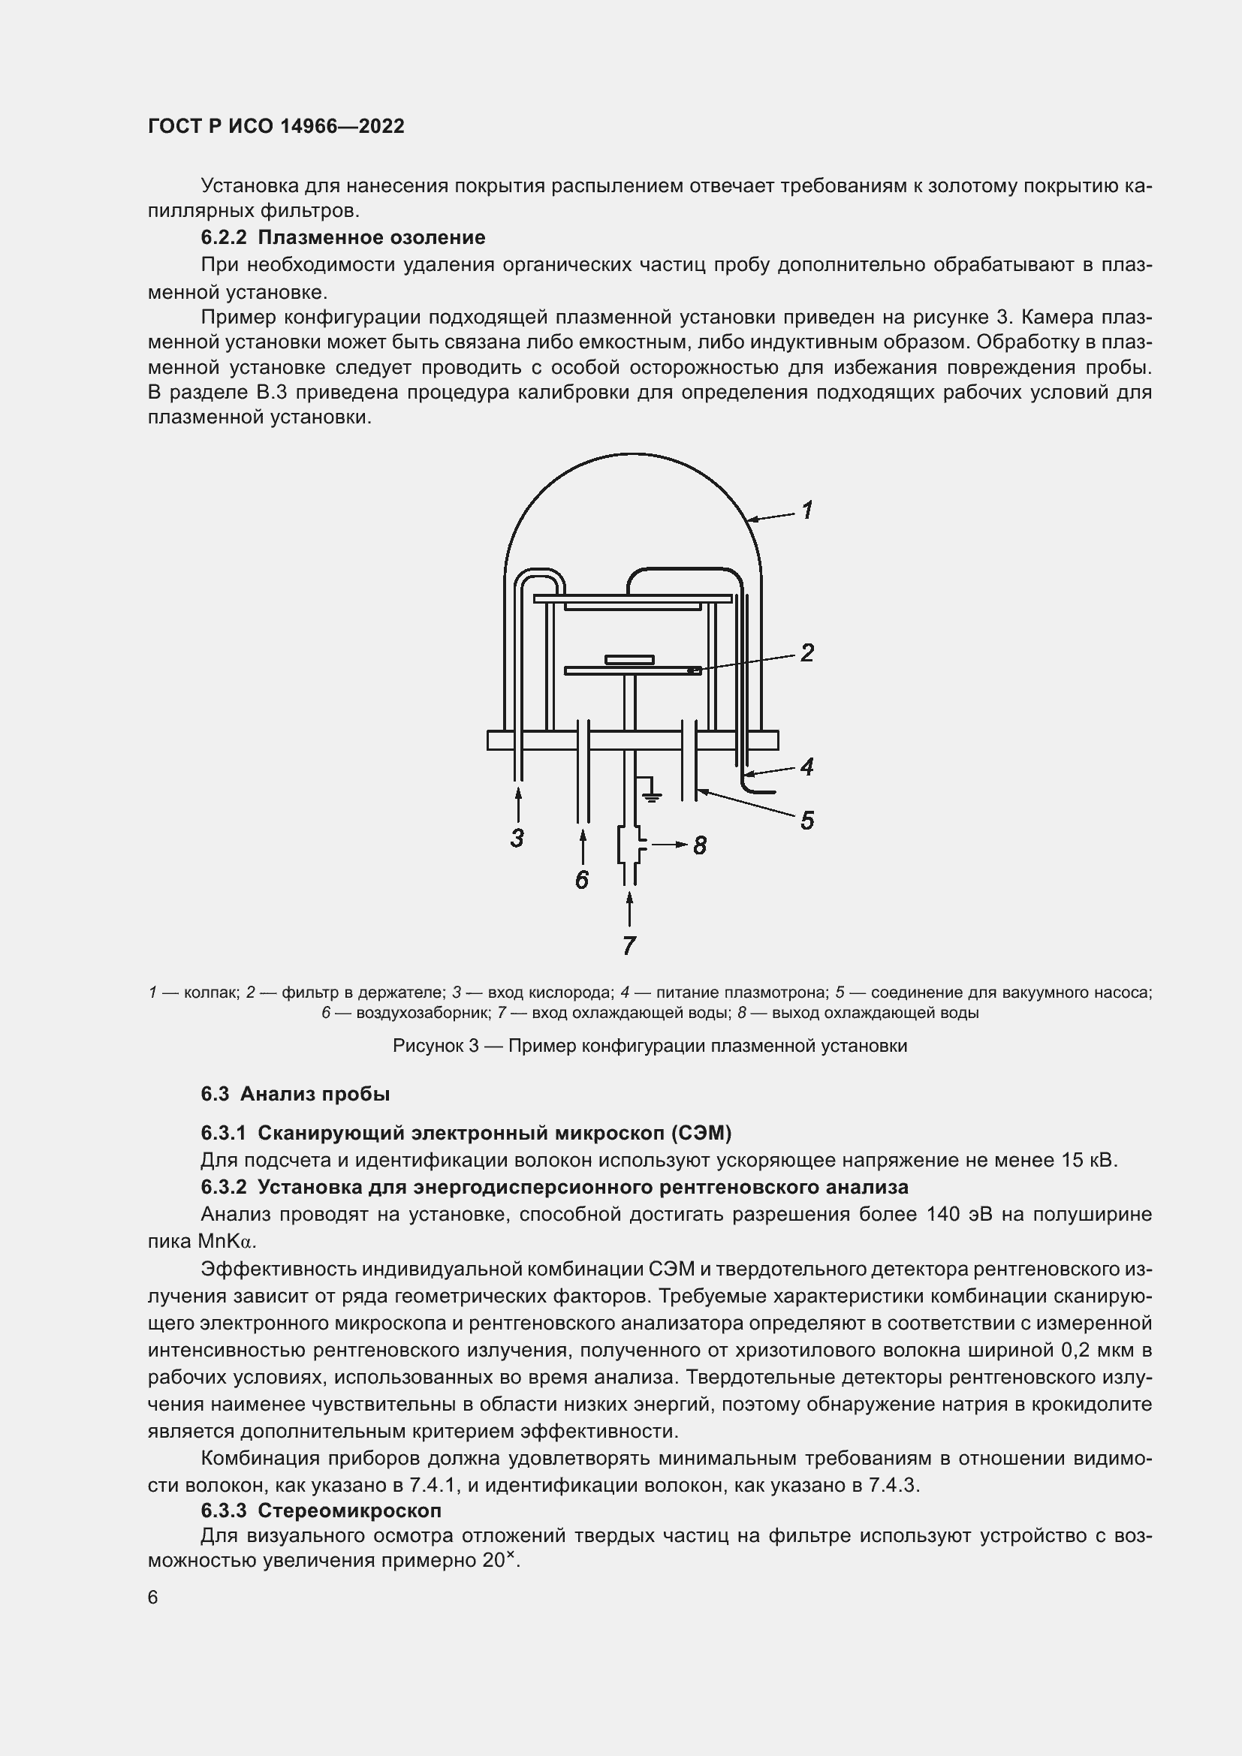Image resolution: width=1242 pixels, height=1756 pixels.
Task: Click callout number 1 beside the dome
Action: point(806,510)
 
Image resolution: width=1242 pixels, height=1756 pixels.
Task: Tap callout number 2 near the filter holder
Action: point(806,652)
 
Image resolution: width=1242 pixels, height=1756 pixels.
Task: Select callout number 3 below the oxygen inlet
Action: point(518,839)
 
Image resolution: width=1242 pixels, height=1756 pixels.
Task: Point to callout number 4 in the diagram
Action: point(806,767)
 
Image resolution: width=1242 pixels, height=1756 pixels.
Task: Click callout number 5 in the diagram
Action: point(806,821)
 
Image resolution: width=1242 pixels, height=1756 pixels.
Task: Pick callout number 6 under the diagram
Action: point(582,881)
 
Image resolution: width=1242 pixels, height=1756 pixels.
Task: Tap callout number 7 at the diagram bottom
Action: point(629,946)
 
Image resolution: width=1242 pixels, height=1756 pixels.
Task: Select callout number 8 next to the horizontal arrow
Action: point(700,845)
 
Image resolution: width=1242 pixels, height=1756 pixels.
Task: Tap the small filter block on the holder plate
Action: point(629,659)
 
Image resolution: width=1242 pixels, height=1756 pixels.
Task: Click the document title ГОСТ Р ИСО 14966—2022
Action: point(276,126)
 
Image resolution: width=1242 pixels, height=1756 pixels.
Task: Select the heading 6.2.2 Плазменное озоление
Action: point(343,237)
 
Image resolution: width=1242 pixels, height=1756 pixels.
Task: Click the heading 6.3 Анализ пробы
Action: point(295,1094)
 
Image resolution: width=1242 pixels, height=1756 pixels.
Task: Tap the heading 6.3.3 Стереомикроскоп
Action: point(321,1511)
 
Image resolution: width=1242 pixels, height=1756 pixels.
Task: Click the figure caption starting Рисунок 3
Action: point(650,1046)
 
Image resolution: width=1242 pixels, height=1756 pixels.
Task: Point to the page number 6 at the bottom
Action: point(153,1598)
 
